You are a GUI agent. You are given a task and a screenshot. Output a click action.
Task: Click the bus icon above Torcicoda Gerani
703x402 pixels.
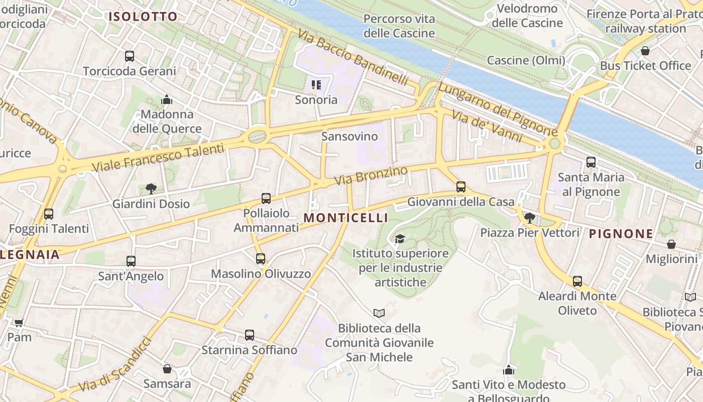[130, 56]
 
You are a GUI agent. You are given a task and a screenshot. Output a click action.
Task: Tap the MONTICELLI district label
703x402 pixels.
[346, 218]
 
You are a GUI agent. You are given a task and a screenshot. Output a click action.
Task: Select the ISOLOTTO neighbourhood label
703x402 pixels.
[144, 17]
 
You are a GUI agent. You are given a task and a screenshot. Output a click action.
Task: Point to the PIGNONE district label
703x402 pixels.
[621, 234]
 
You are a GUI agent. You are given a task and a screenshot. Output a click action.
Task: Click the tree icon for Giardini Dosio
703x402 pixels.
[151, 189]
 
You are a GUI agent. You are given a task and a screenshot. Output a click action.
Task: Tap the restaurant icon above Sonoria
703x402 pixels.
[316, 84]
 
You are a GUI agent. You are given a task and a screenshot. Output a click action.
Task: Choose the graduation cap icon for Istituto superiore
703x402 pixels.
[400, 239]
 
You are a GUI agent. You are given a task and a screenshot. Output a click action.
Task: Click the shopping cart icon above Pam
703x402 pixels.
[19, 323]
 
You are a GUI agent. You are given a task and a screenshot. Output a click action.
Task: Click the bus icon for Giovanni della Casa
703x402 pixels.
[461, 187]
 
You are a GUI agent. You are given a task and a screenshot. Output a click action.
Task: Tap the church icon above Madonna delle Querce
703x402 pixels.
[167, 99]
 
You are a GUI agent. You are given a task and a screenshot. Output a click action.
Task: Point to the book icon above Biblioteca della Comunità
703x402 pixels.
[379, 313]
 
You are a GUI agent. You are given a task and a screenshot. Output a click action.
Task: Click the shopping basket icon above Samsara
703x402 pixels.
[167, 369]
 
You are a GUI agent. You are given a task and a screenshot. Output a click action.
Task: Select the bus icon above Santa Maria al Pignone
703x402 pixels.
[591, 162]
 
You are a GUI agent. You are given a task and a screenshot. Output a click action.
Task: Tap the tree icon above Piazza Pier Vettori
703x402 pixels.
[529, 218]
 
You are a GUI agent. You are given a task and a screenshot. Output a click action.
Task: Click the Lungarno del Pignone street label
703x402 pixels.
[497, 109]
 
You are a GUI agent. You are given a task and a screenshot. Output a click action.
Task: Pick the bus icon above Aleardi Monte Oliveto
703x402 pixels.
[577, 281]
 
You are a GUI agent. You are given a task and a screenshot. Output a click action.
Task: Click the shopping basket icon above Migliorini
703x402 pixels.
[671, 244]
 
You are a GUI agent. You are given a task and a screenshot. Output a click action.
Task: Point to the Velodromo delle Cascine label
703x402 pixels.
[527, 16]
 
